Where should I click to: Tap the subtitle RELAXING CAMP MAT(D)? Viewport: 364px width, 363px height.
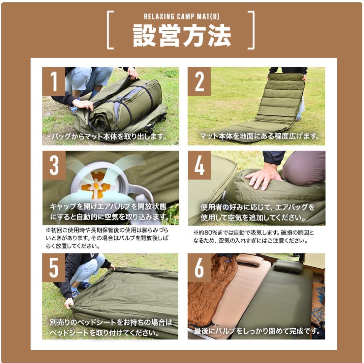(x=182, y=17)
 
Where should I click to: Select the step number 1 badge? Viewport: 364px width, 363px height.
(x=54, y=82)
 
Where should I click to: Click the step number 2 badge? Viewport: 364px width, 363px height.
(x=199, y=82)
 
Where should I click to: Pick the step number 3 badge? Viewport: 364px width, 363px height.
(x=54, y=165)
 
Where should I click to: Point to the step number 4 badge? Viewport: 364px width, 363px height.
(x=200, y=165)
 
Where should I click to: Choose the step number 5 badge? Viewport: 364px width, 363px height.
(x=54, y=268)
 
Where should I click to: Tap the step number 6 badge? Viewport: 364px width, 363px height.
(x=199, y=268)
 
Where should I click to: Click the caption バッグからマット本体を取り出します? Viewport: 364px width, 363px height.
(x=109, y=136)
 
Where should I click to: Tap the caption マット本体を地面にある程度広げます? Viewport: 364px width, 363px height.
(x=259, y=136)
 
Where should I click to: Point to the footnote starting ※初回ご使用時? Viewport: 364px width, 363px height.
(x=107, y=238)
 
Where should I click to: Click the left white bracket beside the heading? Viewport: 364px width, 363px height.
(x=111, y=30)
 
